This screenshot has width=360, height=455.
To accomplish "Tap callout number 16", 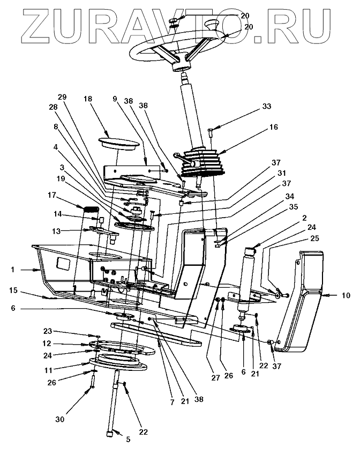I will (x=274, y=128).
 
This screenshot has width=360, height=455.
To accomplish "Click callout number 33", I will (x=267, y=107).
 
